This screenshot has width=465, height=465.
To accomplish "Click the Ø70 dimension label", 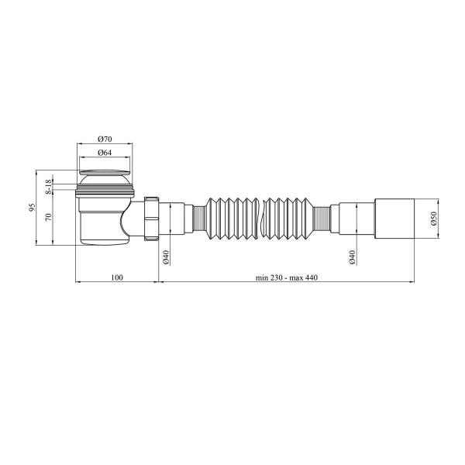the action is [105, 139].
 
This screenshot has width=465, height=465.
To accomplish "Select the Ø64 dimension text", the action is [105, 153].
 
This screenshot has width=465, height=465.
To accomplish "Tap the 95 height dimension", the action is [32, 207].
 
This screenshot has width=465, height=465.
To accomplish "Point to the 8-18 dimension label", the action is [49, 187].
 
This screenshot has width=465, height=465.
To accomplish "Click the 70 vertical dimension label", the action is [49, 217].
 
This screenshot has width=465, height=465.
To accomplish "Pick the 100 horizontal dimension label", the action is [117, 277].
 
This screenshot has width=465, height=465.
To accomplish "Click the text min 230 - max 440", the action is [287, 277].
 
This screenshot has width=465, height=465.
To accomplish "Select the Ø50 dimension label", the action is [434, 219].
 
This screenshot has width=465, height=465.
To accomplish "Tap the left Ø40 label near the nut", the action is [166, 257].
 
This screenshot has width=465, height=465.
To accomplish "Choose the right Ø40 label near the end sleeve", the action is [352, 257].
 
